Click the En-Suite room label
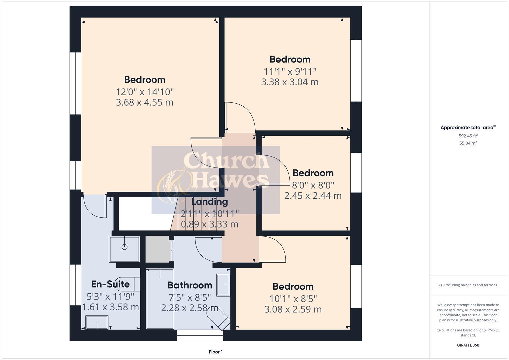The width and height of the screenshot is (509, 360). pos(110,284)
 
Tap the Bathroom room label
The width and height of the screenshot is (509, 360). pos(190,285)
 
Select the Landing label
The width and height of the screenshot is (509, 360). pos(209,202)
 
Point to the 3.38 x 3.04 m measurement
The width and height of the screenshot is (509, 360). pos(290,82)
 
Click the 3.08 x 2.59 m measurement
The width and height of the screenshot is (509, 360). pos(293,309)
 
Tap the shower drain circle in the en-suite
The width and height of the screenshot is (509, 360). pos(124,247)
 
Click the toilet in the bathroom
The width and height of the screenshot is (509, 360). pos(218,318)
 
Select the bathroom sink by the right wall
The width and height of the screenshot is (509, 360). pos(223,285)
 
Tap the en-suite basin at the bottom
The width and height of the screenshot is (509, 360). pos(97,322)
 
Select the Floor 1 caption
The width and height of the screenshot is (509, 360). pos(216,352)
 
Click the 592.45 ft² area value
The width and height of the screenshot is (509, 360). pos(468,136)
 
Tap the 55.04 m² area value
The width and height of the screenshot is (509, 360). pos(468,143)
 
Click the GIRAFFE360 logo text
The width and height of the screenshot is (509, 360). pos(468,345)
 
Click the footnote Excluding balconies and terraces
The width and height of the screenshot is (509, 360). pos(468,285)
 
